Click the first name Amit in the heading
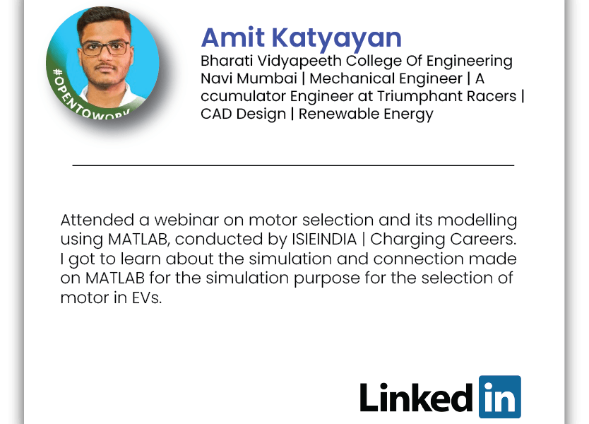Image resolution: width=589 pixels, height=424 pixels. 232,37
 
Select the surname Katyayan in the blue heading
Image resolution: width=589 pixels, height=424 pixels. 336,40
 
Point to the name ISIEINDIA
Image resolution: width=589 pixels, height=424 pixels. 323,240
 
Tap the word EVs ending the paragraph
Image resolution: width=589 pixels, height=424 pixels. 147,298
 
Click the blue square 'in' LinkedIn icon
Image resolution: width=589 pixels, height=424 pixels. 499,396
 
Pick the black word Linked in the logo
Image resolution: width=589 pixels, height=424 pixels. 416,397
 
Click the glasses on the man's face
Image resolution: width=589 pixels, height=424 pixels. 105,49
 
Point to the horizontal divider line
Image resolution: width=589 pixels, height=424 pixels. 293,165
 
